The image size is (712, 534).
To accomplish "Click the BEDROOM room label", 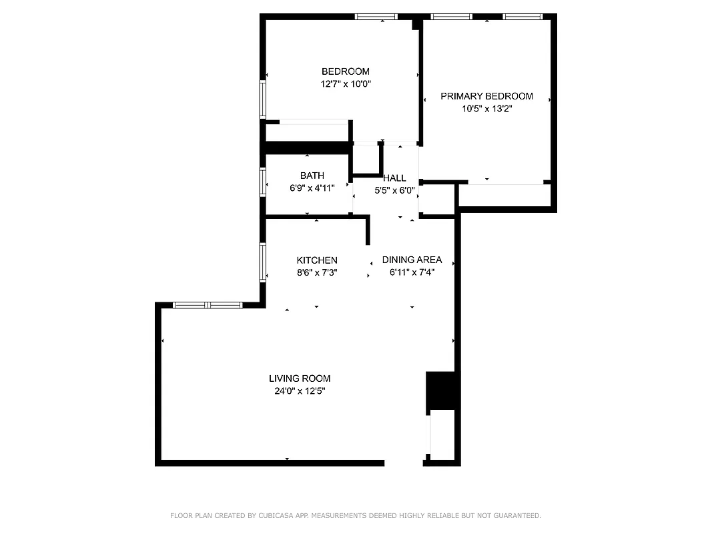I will (x=345, y=71).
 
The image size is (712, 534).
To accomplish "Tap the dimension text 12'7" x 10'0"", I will (x=345, y=84).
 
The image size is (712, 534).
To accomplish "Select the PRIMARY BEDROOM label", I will (x=486, y=96).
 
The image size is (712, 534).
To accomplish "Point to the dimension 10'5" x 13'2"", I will (x=486, y=109).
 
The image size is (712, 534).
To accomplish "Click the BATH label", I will (x=312, y=176).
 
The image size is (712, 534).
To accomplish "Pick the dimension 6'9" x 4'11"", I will (x=312, y=188).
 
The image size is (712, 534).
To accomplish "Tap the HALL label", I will (x=394, y=178).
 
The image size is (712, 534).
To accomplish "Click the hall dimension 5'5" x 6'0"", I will (x=394, y=190).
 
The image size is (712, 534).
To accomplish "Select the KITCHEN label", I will (x=317, y=260).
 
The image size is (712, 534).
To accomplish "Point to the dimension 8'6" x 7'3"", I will (x=317, y=272).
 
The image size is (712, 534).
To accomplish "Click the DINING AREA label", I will (x=412, y=260).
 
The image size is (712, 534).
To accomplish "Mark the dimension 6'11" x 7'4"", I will (x=412, y=272).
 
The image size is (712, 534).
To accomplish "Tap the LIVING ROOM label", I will (x=300, y=378).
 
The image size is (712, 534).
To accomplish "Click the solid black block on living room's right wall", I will (x=440, y=390).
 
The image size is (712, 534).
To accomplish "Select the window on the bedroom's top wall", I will (x=376, y=17).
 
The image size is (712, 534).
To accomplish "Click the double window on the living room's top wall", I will (x=207, y=305).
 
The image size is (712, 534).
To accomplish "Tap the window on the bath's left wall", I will (x=263, y=182).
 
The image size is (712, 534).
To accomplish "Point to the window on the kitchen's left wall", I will (x=263, y=262).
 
